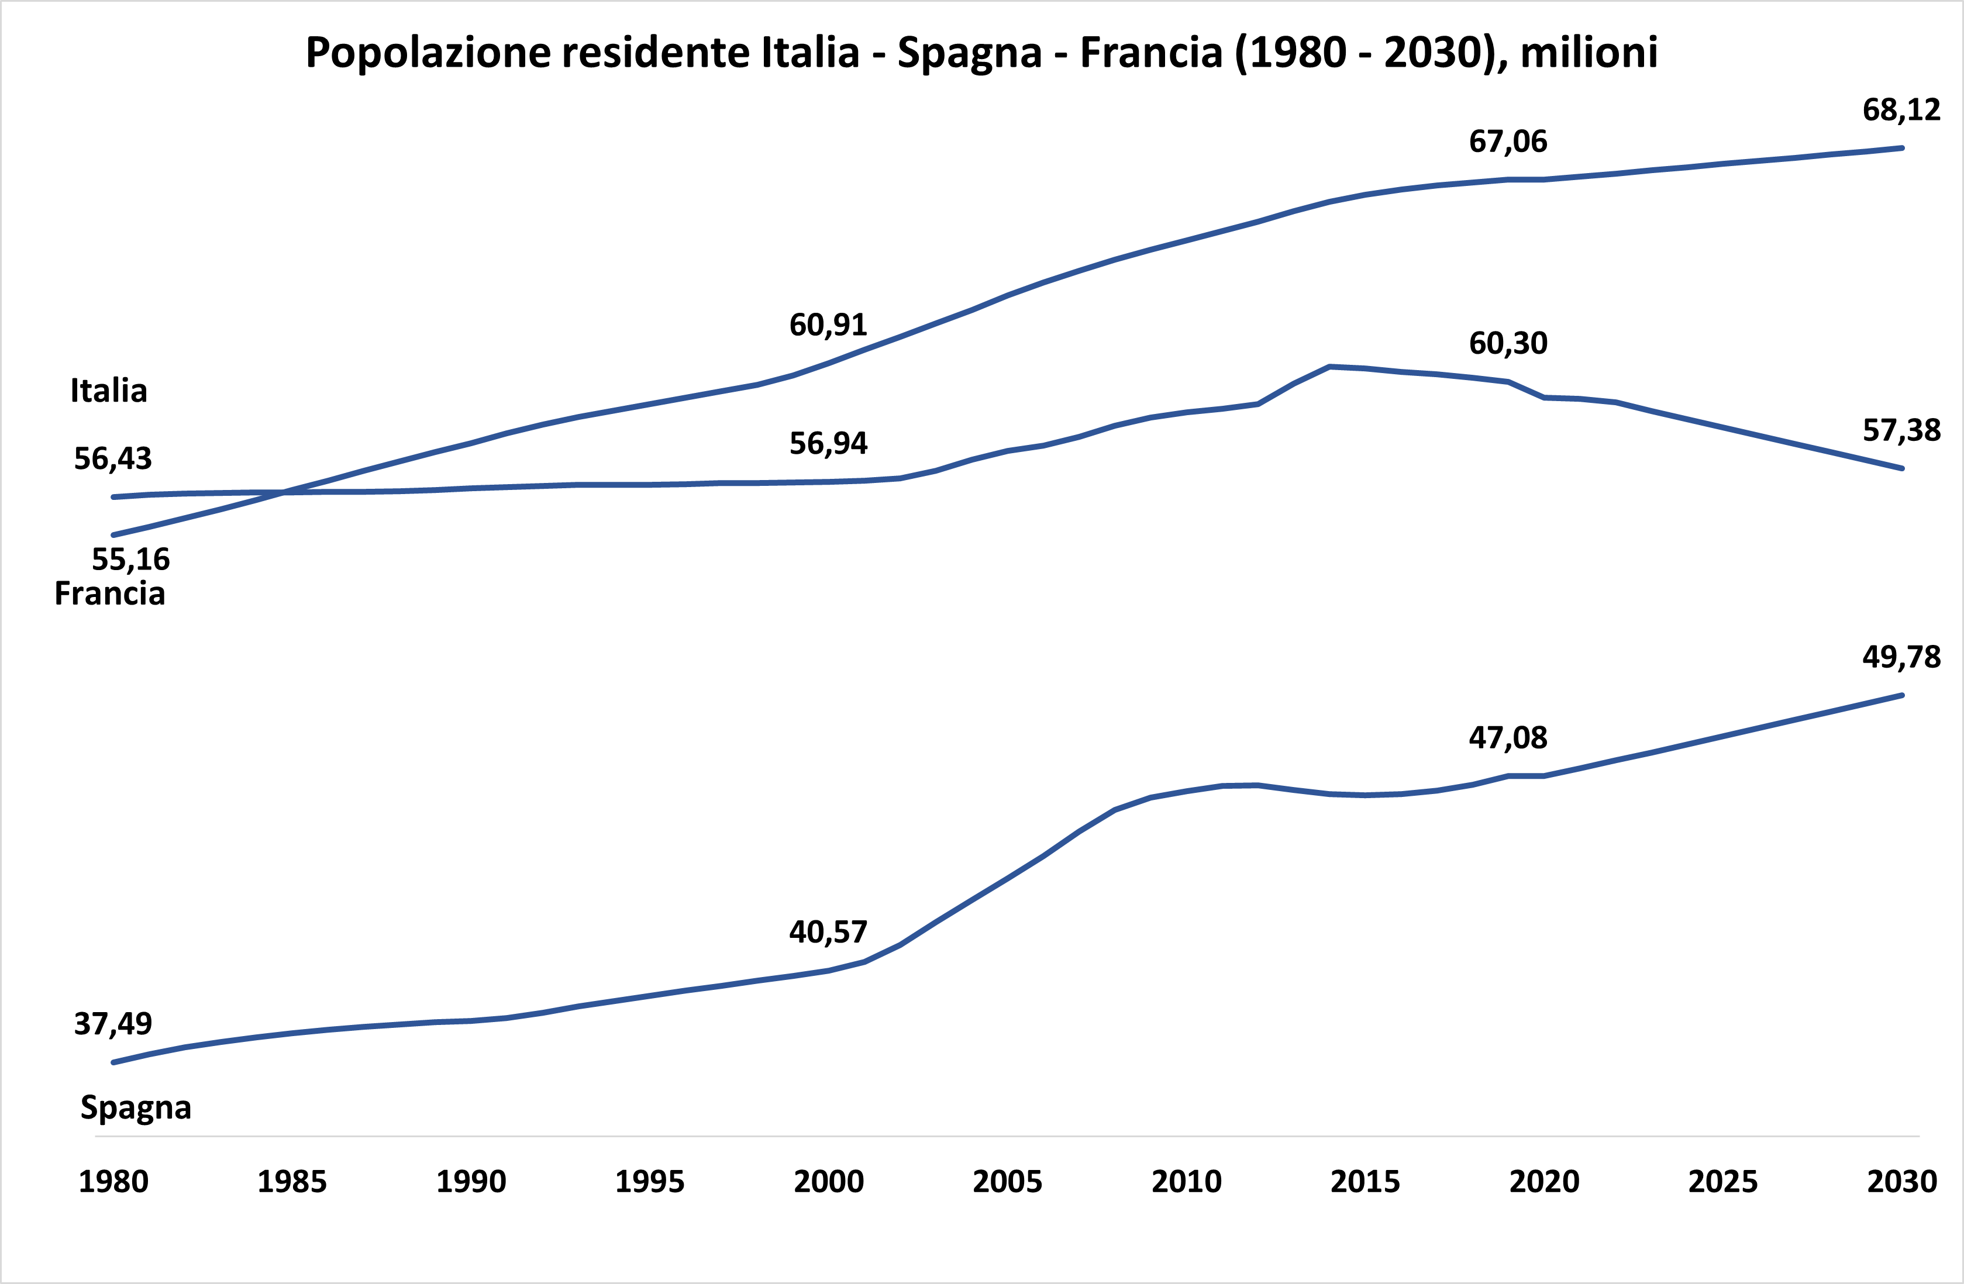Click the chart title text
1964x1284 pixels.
(981, 53)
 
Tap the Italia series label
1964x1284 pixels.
(108, 391)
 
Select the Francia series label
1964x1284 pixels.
(110, 593)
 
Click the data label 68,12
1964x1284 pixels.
(1901, 110)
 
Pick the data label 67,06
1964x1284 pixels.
(1508, 142)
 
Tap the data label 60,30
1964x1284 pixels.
(1508, 343)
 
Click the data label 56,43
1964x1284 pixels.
(113, 459)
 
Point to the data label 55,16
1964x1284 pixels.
(130, 560)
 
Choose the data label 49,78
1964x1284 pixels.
(1901, 657)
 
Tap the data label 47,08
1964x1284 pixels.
(1508, 738)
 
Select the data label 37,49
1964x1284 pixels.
(113, 1024)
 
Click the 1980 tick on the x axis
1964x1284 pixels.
(113, 1182)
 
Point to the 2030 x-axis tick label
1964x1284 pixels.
(1901, 1182)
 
